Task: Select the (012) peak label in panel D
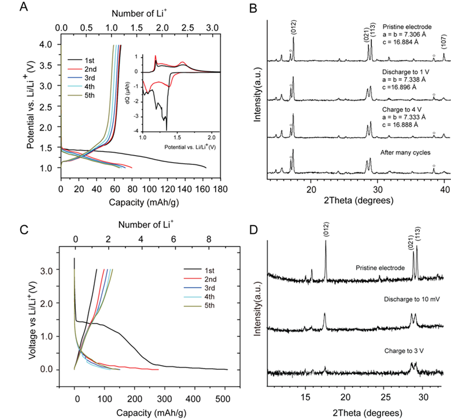coord(326,230)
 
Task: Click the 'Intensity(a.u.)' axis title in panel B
coord(260,104)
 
